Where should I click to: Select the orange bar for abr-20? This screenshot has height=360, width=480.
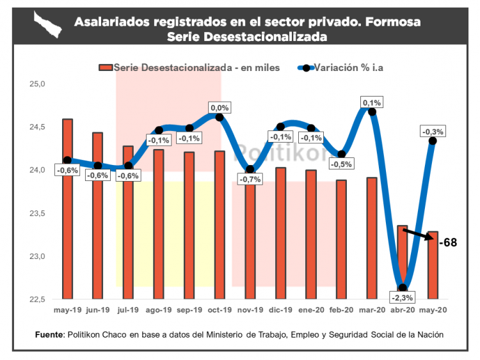click(403, 262)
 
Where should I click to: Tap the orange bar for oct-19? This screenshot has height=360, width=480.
click(220, 224)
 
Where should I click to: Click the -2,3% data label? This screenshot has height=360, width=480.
click(403, 297)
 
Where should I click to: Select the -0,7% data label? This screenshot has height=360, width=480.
click(250, 180)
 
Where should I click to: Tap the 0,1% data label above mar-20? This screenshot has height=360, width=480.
click(372, 102)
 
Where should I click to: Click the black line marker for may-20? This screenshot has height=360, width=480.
click(433, 141)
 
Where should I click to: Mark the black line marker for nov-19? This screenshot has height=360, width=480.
click(250, 169)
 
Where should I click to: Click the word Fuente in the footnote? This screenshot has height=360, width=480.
click(49, 334)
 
